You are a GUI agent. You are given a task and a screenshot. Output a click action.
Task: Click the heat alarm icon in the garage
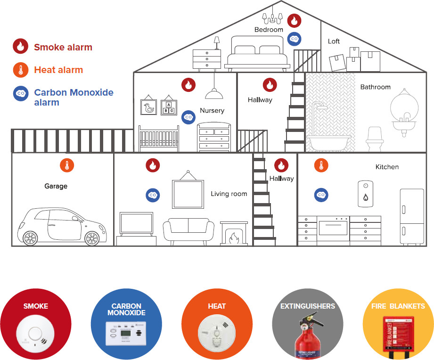click(x=67, y=165)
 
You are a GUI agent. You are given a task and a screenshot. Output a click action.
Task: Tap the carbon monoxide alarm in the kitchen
click(x=321, y=195)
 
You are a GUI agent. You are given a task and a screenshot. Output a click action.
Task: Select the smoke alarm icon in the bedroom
click(x=294, y=20)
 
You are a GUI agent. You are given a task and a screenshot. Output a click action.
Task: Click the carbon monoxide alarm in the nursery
click(x=188, y=117)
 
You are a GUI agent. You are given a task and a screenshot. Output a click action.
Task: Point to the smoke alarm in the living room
click(x=152, y=165)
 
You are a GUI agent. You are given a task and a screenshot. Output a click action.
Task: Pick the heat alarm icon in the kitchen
click(x=321, y=165)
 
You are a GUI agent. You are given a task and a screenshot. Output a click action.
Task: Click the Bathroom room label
click(x=375, y=87)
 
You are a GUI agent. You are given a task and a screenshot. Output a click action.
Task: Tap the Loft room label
click(x=334, y=41)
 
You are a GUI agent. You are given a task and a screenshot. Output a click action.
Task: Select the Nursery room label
click(x=212, y=111)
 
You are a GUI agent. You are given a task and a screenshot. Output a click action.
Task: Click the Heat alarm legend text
click(x=58, y=70)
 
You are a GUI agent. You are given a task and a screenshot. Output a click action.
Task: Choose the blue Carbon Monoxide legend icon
click(x=20, y=93)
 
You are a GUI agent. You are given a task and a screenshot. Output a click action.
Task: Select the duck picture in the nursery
click(x=149, y=108)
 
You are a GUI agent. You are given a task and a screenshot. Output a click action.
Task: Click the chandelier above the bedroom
click(x=272, y=16)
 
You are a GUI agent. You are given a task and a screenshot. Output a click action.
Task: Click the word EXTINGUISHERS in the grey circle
click(x=307, y=306)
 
